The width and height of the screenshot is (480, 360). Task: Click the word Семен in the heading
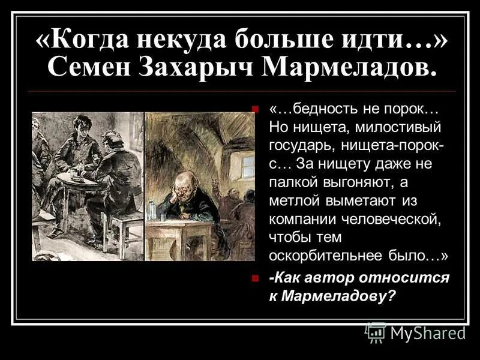pyautogui.click(x=96, y=68)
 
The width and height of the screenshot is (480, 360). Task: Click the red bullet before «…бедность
pyautogui.click(x=256, y=109)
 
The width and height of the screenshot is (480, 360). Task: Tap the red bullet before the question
pyautogui.click(x=256, y=278)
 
